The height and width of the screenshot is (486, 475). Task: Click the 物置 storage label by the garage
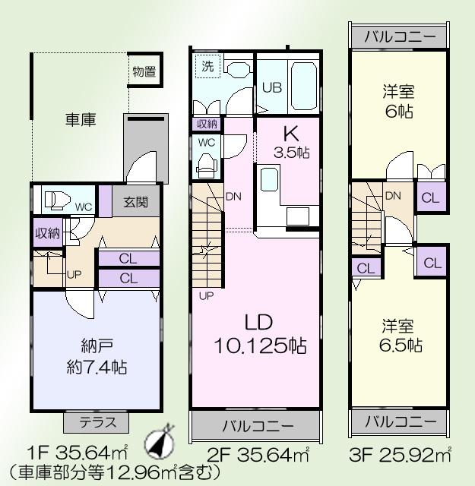click(x=144, y=72)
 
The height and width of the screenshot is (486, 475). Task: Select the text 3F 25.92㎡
click(x=402, y=457)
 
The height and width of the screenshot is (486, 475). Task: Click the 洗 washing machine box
click(x=207, y=67)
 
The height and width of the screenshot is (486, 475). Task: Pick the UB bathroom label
click(x=272, y=87)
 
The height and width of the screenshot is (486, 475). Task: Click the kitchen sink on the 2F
click(x=270, y=180)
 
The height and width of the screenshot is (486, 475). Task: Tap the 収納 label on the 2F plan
click(x=207, y=124)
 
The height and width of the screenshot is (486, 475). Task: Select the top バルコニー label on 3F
click(x=400, y=36)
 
